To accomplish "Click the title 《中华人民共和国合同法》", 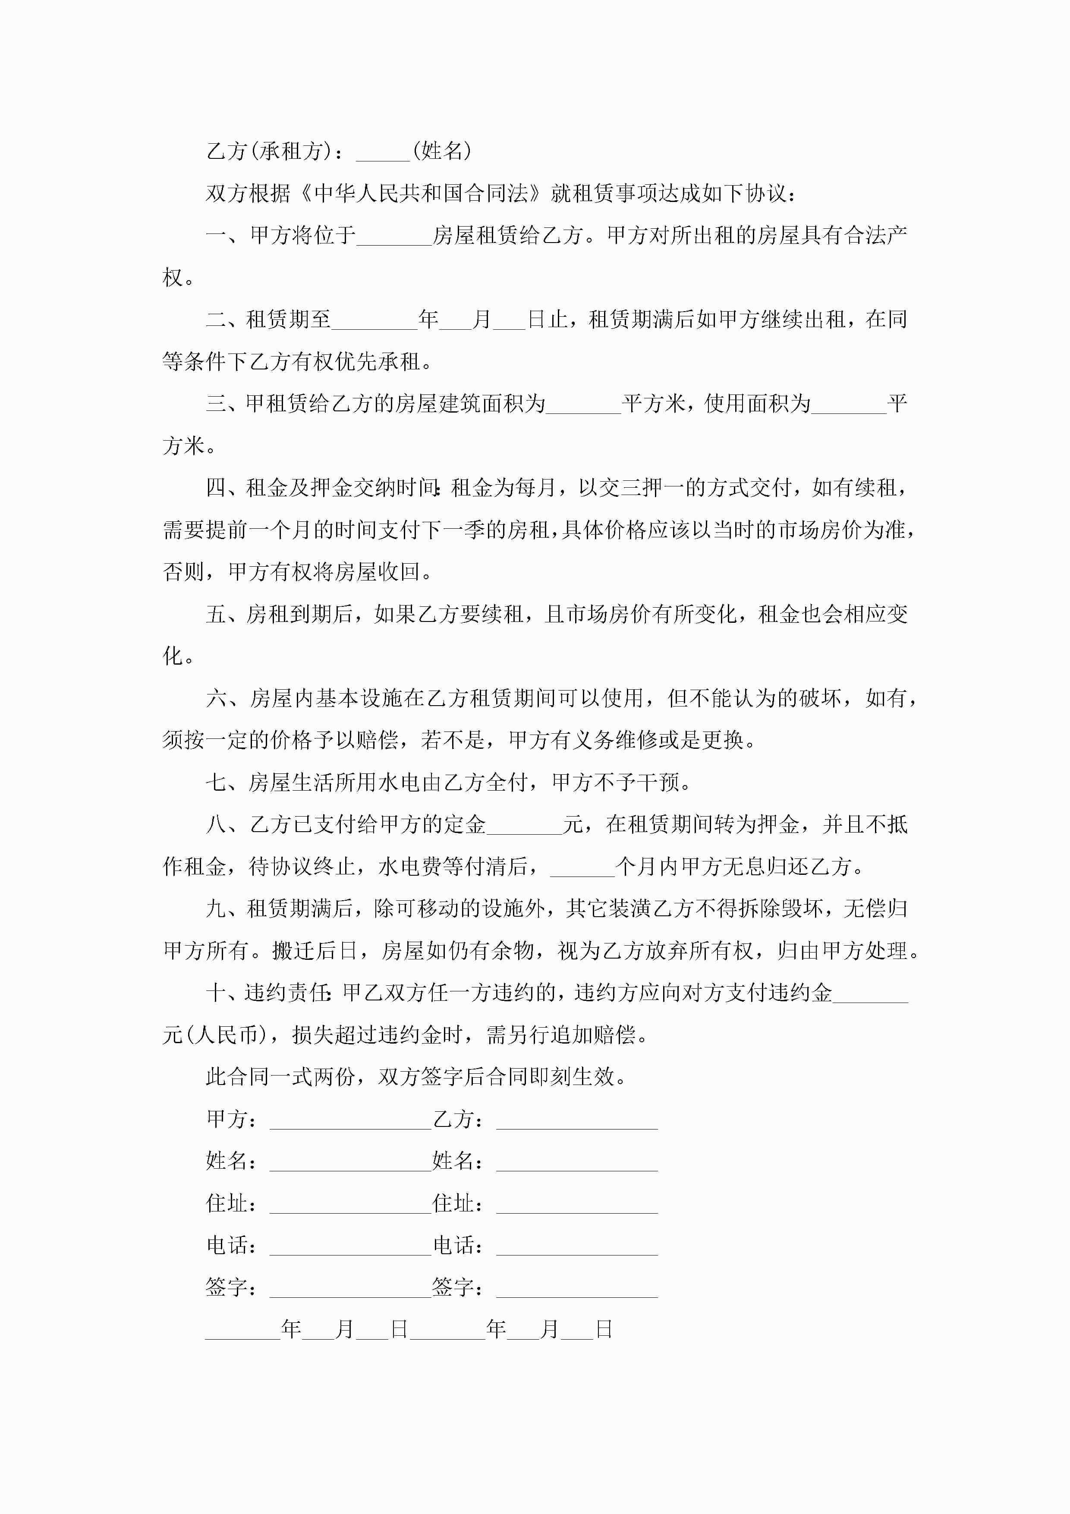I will click(422, 193).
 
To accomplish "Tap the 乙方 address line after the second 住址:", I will click(577, 1205).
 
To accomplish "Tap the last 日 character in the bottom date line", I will click(604, 1330).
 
